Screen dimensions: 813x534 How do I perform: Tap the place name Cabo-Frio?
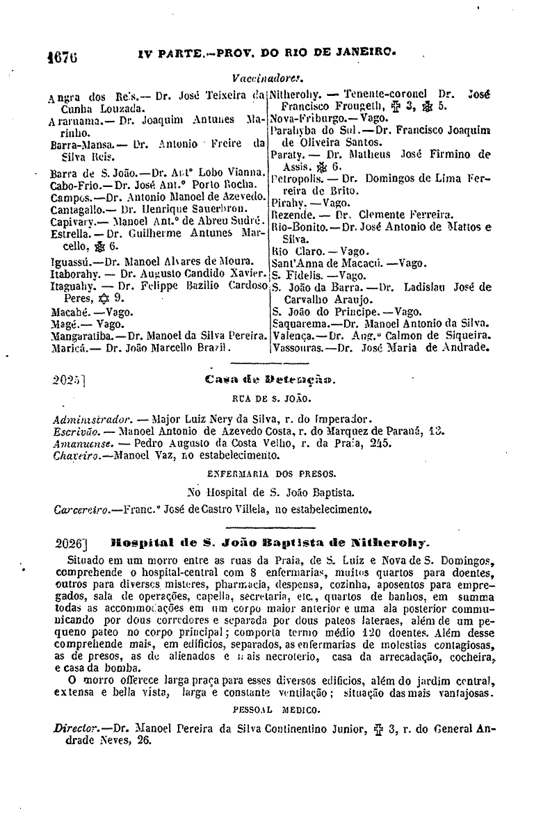(73, 186)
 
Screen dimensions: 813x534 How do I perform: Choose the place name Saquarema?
(300, 323)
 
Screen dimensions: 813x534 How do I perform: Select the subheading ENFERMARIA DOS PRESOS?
(268, 473)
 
